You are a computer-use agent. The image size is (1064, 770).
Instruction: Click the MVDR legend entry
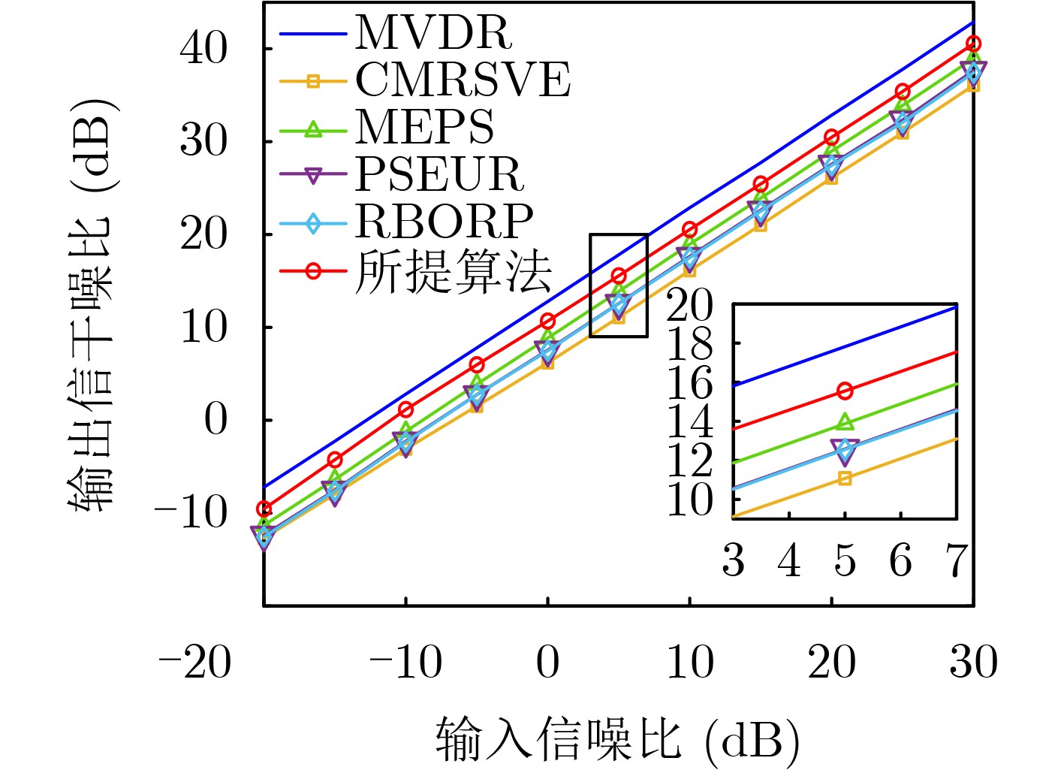pyautogui.click(x=434, y=32)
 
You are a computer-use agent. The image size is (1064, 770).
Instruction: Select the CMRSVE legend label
pyautogui.click(x=463, y=80)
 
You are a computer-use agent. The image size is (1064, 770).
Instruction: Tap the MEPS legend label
pyautogui.click(x=425, y=128)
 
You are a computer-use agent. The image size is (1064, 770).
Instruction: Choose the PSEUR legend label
pyautogui.click(x=439, y=175)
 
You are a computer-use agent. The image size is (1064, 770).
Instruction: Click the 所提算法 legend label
pyautogui.click(x=454, y=271)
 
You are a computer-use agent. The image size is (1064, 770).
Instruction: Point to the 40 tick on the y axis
pyautogui.click(x=203, y=50)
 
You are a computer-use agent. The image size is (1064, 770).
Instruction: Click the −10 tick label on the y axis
pyautogui.click(x=191, y=514)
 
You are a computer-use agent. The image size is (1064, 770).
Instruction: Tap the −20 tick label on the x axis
pyautogui.click(x=194, y=663)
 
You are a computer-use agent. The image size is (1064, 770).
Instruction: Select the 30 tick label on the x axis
pyautogui.click(x=974, y=663)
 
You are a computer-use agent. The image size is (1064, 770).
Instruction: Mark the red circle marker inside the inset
pyautogui.click(x=845, y=391)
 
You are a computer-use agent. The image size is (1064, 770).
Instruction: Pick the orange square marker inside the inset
pyautogui.click(x=845, y=479)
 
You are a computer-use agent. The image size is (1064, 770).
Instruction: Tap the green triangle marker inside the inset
pyautogui.click(x=845, y=423)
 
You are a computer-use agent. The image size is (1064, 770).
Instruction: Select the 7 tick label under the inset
pyautogui.click(x=956, y=561)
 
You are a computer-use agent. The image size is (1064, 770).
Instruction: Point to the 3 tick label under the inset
pyautogui.click(x=734, y=561)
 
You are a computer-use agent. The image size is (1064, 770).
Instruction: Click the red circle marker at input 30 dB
pyautogui.click(x=974, y=44)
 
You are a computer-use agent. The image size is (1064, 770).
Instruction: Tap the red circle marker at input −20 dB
pyautogui.click(x=264, y=509)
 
